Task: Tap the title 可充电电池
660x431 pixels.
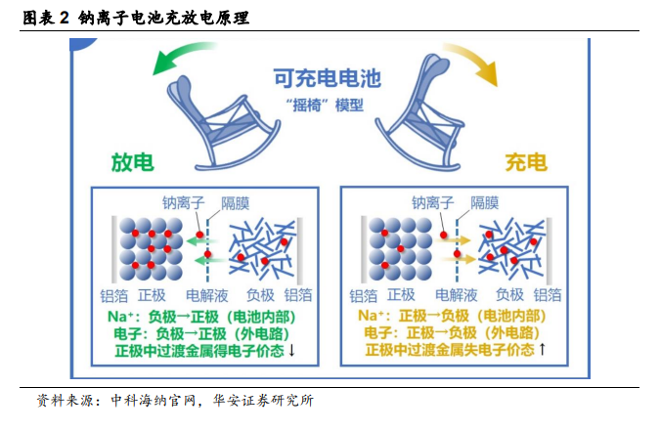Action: point(327,78)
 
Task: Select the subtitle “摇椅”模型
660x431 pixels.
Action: point(324,105)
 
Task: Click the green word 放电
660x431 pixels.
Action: point(133,162)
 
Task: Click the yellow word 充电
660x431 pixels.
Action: point(526,162)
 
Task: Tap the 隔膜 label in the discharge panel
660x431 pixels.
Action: point(236,203)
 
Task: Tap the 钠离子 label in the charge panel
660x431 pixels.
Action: point(432,203)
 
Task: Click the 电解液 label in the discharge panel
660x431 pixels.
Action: point(206,295)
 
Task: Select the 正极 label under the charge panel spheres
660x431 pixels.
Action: point(401,295)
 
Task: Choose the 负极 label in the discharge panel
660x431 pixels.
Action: point(260,295)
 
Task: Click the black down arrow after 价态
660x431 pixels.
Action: point(291,350)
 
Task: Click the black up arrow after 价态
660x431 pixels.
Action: point(542,349)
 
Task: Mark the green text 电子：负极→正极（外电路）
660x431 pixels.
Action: point(201,334)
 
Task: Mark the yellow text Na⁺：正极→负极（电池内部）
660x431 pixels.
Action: point(452,316)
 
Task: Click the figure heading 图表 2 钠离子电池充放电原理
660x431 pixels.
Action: point(136,19)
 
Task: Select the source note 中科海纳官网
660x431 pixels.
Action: point(153,401)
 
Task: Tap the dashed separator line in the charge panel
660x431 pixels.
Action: point(458,250)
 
